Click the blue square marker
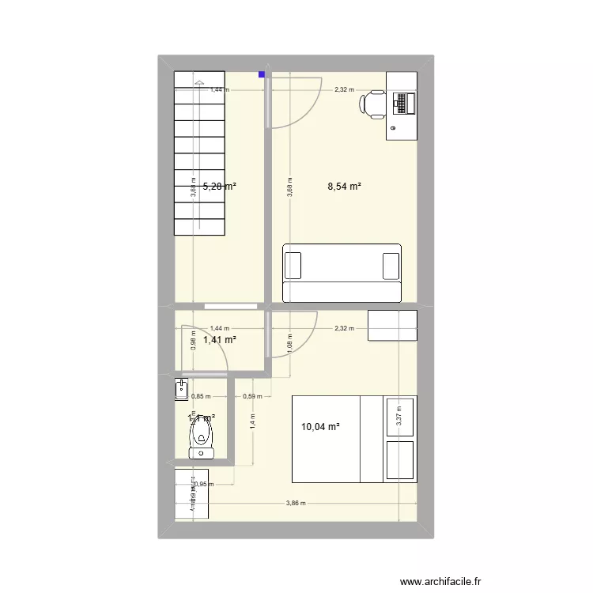(261, 76)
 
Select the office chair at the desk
(374, 104)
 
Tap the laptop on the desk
(402, 103)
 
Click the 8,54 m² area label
(345, 187)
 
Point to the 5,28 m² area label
(219, 187)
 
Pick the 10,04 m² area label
(320, 427)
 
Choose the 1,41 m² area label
(220, 340)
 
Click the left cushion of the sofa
(293, 266)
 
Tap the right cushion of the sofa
(391, 266)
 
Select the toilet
(202, 437)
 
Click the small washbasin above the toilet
(182, 389)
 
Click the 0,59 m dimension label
(252, 396)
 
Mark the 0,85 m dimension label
(201, 396)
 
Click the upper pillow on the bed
(399, 417)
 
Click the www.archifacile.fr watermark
(441, 582)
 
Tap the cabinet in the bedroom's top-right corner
(392, 325)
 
